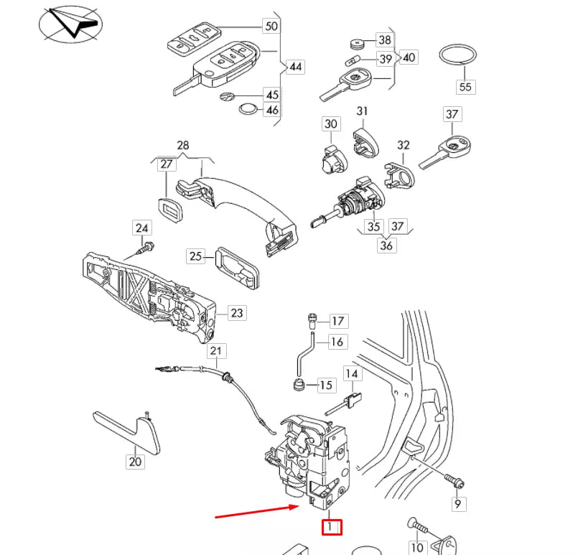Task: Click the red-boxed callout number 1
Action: pyautogui.click(x=331, y=527)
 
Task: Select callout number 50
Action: pyautogui.click(x=271, y=27)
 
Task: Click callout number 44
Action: pyautogui.click(x=295, y=67)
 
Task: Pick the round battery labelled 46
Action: pyautogui.click(x=248, y=110)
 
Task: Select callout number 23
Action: pyautogui.click(x=237, y=312)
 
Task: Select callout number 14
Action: pyautogui.click(x=352, y=374)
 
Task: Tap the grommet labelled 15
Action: pyautogui.click(x=297, y=384)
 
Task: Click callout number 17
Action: pyautogui.click(x=337, y=321)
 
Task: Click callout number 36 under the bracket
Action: pyautogui.click(x=386, y=245)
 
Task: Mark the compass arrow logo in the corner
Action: pyautogui.click(x=70, y=26)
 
